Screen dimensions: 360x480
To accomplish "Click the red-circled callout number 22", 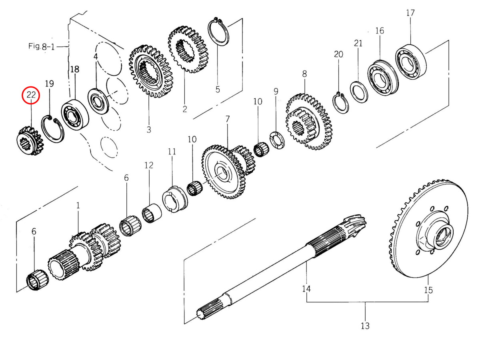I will (31, 95).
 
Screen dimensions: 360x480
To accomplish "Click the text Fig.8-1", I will (42, 46).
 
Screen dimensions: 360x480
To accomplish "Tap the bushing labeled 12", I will (152, 214).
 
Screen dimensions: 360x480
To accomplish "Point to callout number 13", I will (365, 326).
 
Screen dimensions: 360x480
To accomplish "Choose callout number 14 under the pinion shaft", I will (306, 288).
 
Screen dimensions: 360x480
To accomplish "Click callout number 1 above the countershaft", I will (78, 206).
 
